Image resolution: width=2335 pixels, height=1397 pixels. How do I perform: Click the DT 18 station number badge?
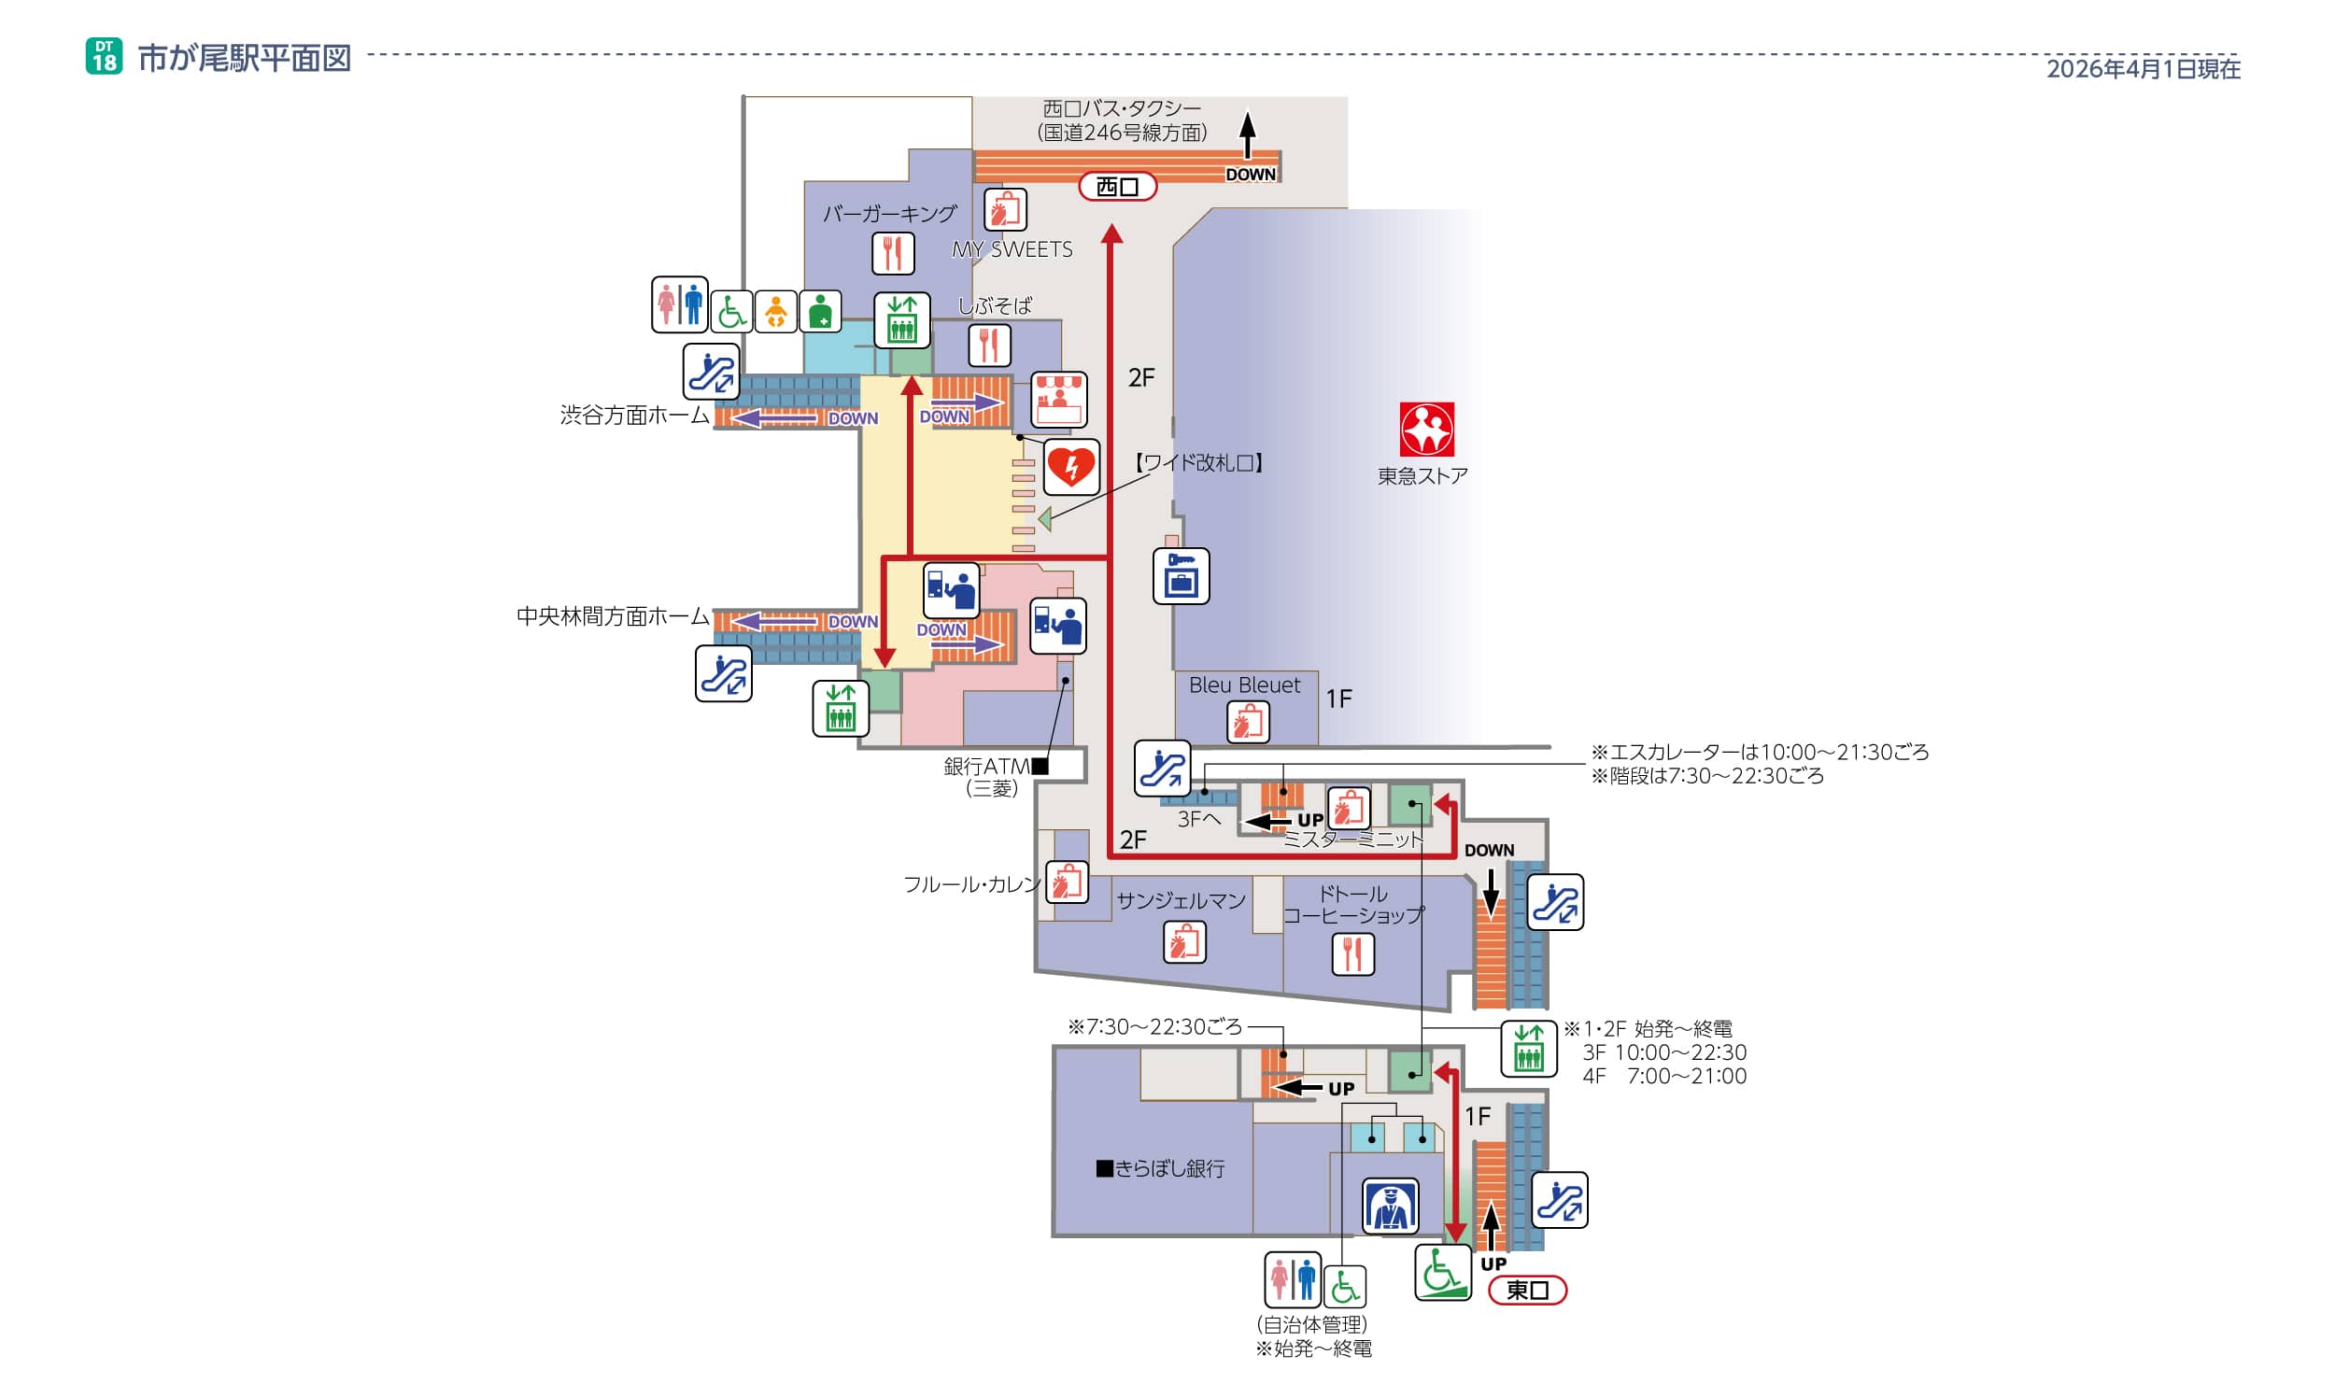[x=104, y=56]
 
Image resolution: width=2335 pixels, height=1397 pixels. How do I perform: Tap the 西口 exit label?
[x=1117, y=187]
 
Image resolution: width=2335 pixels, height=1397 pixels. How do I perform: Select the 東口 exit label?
[x=1526, y=1290]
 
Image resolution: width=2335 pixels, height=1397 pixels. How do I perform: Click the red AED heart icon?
[x=1070, y=466]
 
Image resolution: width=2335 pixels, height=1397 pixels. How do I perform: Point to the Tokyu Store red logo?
[x=1425, y=430]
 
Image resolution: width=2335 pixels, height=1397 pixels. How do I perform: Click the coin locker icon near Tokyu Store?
[x=1181, y=576]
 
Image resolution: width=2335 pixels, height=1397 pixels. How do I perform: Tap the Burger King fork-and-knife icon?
[x=893, y=253]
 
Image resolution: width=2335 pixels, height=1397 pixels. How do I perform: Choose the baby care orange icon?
[x=776, y=312]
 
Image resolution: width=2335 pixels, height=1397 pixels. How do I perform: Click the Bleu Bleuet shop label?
[x=1244, y=685]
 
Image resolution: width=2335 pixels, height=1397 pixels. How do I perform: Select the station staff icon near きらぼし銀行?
[x=1390, y=1206]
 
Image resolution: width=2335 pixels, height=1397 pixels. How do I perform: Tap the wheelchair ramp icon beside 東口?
[x=1442, y=1273]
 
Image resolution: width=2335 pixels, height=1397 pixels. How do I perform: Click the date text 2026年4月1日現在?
[x=2143, y=69]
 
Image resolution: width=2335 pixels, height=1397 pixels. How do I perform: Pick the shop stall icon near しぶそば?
[x=1059, y=400]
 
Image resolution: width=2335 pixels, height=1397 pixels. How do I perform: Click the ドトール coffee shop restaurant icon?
[x=1353, y=954]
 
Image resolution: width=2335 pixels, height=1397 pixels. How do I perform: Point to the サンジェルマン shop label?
[x=1181, y=901]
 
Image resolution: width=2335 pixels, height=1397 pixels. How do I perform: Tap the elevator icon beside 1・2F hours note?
[x=1528, y=1048]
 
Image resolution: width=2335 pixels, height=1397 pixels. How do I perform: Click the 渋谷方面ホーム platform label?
[x=634, y=416]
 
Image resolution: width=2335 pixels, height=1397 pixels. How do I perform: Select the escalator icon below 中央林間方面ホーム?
[x=723, y=673]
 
